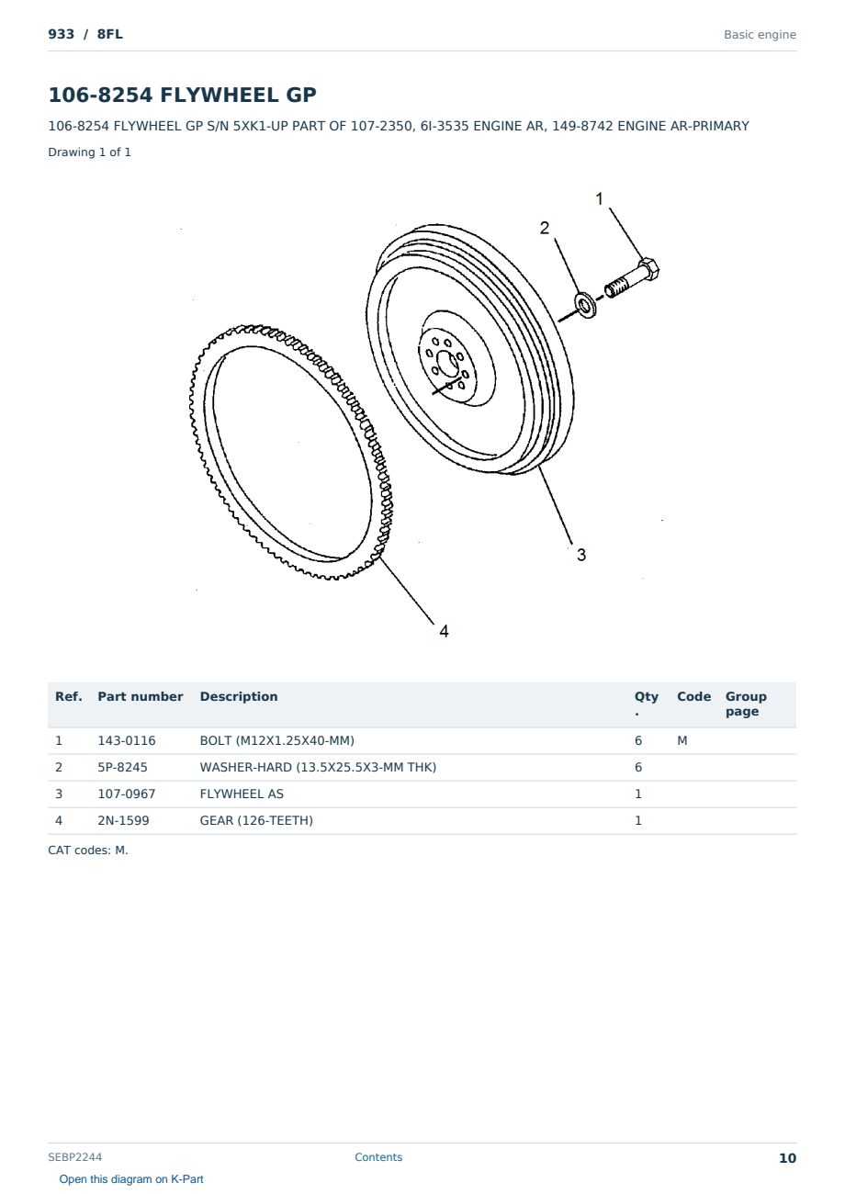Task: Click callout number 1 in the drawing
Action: coord(599,198)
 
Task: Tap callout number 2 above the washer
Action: coord(545,228)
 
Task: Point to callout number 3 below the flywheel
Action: coord(581,555)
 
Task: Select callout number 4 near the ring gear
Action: coord(445,631)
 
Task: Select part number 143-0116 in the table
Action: coord(127,740)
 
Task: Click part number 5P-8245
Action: coord(123,767)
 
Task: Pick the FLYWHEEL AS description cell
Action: coord(242,794)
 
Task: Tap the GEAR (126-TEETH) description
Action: coord(256,820)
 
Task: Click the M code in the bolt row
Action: coord(682,740)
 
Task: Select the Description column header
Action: coord(239,696)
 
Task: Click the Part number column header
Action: coord(141,696)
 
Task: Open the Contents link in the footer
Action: coord(378,1156)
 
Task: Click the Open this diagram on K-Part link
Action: coord(131,1179)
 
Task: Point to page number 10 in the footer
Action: coord(787,1158)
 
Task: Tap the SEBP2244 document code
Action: coord(74,1156)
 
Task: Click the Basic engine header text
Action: coord(760,35)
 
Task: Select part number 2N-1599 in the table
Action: coord(123,820)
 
